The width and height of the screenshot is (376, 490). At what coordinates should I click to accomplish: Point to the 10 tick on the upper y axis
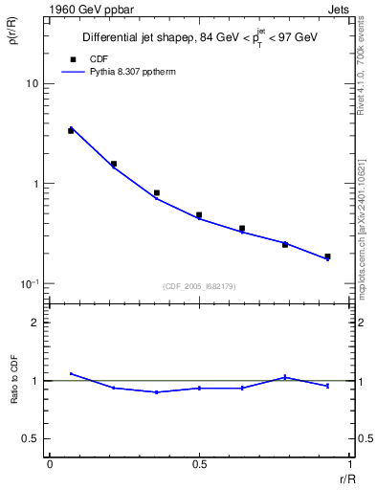(x=32, y=84)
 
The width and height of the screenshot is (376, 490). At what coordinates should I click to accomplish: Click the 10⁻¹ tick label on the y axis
(x=30, y=284)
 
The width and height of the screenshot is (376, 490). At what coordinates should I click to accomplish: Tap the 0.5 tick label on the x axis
(x=199, y=463)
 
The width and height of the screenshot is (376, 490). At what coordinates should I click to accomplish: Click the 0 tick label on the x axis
(x=50, y=463)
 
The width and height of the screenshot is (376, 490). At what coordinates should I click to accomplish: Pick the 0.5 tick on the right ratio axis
(x=364, y=438)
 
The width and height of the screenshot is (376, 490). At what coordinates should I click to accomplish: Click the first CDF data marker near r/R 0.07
(x=71, y=130)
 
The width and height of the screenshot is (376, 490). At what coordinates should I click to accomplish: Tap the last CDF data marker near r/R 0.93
(x=327, y=256)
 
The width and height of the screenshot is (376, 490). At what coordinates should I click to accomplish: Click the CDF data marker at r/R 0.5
(x=199, y=215)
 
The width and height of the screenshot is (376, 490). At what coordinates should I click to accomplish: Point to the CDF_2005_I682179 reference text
(x=199, y=286)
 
